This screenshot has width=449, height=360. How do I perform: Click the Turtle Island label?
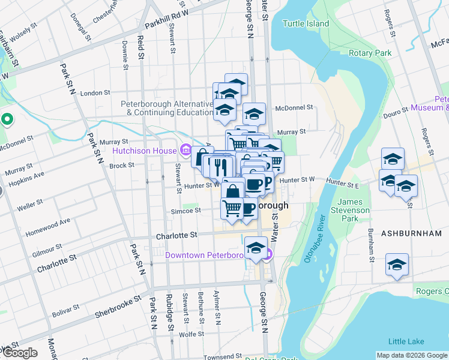click(306, 23)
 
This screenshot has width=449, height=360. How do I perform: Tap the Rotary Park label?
click(370, 53)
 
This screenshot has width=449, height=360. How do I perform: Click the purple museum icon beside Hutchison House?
click(185, 149)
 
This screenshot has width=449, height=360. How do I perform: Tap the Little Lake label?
click(406, 341)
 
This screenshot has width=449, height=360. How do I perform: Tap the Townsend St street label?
click(222, 356)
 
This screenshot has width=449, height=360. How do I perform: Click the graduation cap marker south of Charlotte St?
click(256, 248)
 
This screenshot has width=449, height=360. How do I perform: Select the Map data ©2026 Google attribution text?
click(412, 355)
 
